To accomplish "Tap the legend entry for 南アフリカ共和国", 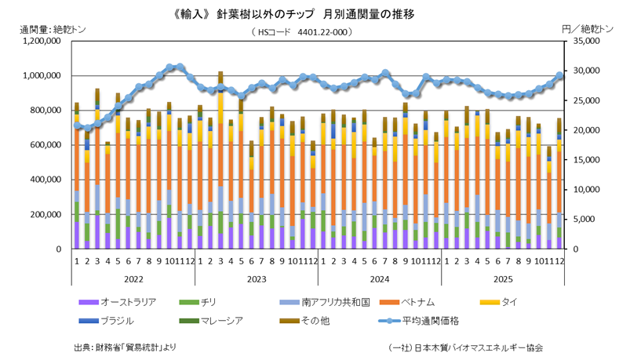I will [x=308, y=301].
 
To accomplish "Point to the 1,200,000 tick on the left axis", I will [x=40, y=41].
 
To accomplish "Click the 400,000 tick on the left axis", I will [x=45, y=180].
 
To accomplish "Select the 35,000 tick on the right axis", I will [x=584, y=41].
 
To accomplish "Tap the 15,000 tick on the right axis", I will [x=584, y=160].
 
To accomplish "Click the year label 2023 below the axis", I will [x=257, y=278].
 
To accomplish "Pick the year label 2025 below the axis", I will [x=503, y=278].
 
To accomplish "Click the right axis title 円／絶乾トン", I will [x=585, y=29].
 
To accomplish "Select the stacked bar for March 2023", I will [x=220, y=165].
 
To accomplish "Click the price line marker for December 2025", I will [x=559, y=75].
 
